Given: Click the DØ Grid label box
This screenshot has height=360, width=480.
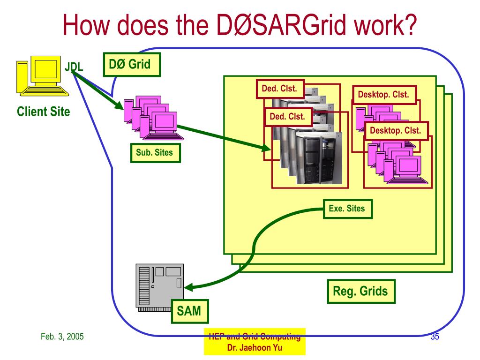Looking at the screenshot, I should (132, 64).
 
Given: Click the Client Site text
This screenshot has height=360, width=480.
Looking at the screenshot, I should (43, 112).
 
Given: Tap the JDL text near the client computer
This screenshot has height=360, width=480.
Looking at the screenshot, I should (74, 67).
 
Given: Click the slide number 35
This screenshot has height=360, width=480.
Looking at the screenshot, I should (434, 336).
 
